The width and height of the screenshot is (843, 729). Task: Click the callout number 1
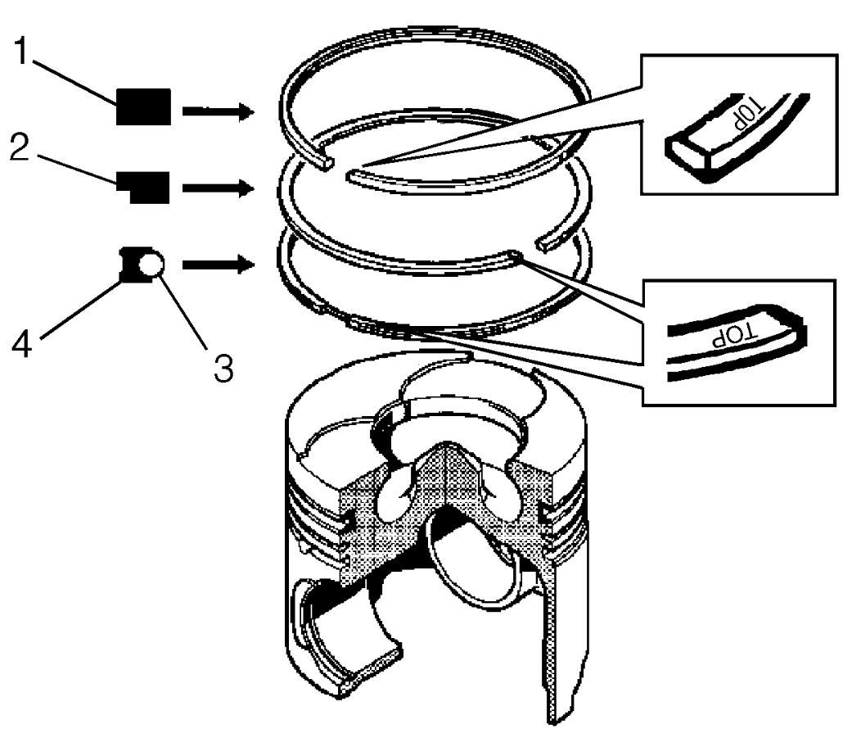coord(20,51)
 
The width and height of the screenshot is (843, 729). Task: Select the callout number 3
coord(223,368)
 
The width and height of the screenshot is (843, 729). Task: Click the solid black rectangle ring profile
coord(143,106)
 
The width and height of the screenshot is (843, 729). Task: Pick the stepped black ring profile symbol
coord(143,188)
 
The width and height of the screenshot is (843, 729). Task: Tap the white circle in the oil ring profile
coord(151,265)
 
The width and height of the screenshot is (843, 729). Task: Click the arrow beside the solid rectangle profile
coord(219,111)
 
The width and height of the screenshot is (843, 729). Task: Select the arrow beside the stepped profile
coord(219,188)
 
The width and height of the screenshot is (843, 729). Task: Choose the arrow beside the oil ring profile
coord(219,265)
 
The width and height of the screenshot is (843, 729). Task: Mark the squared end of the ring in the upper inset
coord(688,153)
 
